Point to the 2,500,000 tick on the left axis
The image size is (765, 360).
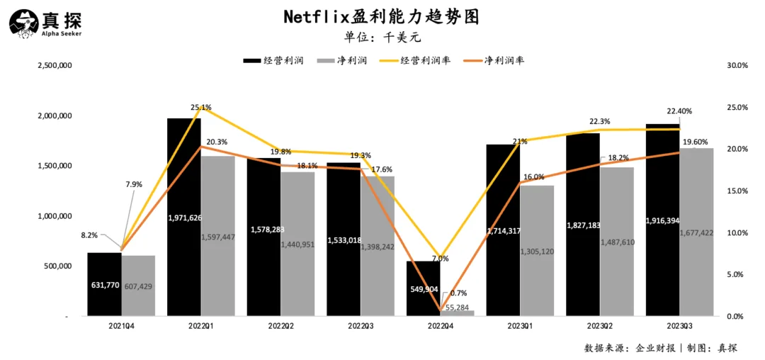coord(54,65)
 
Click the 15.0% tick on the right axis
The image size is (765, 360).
coord(737,191)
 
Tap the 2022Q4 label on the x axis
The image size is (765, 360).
coord(439,327)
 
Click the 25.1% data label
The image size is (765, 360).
coord(200,108)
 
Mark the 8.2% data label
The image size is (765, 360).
coord(90,235)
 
